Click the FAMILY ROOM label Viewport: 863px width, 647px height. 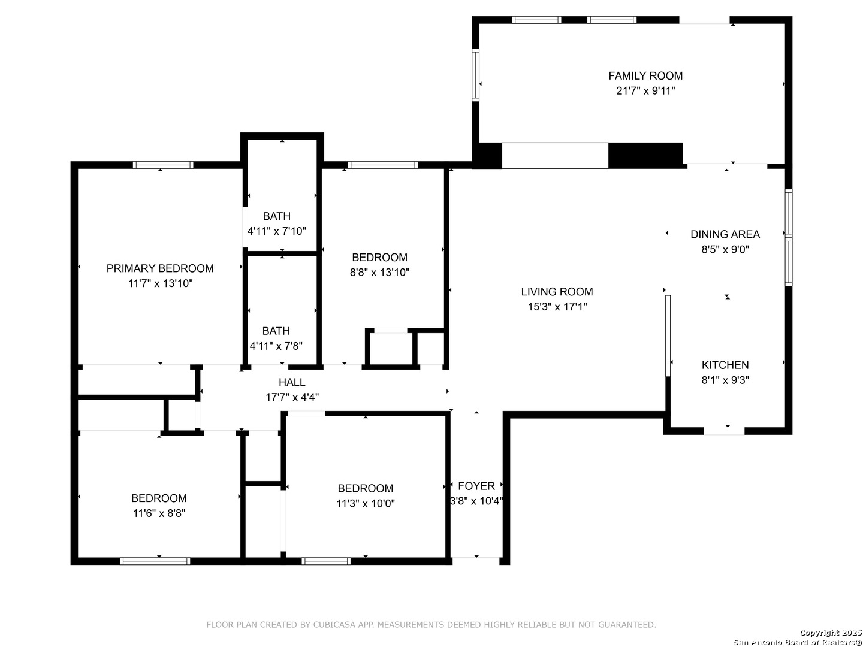[x=645, y=75]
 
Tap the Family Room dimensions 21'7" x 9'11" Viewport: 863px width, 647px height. [x=645, y=90]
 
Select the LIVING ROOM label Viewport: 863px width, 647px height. [x=557, y=292]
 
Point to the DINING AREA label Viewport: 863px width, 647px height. [x=725, y=234]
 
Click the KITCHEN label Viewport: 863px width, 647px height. [x=725, y=365]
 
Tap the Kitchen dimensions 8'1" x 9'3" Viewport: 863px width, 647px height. [x=725, y=380]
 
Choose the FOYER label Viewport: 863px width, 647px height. [x=476, y=486]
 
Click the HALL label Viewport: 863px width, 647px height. [x=292, y=382]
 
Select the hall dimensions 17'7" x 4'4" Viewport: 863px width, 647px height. [x=292, y=397]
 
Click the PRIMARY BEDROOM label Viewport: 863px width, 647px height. [x=160, y=268]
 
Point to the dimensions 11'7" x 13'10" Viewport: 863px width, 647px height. [x=160, y=283]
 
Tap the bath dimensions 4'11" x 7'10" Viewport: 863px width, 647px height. [x=276, y=231]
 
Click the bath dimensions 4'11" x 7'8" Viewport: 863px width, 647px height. [x=276, y=346]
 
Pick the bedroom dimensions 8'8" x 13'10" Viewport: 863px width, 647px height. [x=379, y=272]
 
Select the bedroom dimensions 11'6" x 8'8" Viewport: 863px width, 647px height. [x=159, y=513]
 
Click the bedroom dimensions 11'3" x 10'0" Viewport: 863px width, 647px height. [x=365, y=503]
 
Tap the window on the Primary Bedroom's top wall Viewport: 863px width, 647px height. [x=163, y=165]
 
